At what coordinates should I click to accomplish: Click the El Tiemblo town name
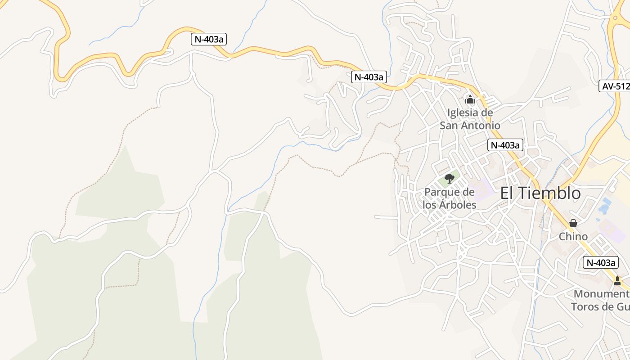540,193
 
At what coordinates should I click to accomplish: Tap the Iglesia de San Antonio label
470,119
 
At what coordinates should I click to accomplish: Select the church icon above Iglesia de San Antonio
470,99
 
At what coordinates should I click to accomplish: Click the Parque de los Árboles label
450,198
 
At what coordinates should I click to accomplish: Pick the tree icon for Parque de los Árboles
449,178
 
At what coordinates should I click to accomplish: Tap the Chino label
573,237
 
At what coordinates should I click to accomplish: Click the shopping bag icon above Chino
573,223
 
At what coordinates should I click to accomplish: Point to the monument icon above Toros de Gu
617,281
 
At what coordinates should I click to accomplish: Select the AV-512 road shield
615,86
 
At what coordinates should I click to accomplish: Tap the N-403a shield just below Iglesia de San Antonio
505,145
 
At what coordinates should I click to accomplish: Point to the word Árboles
459,205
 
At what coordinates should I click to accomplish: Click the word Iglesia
464,112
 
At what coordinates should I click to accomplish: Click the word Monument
601,294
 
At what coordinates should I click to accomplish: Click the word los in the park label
430,205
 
